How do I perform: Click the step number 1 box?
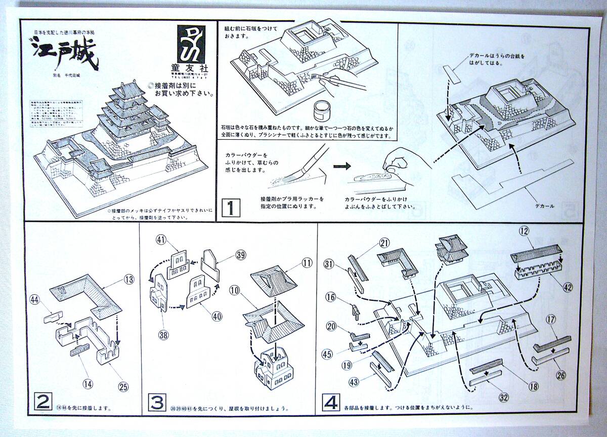(x=231, y=208)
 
